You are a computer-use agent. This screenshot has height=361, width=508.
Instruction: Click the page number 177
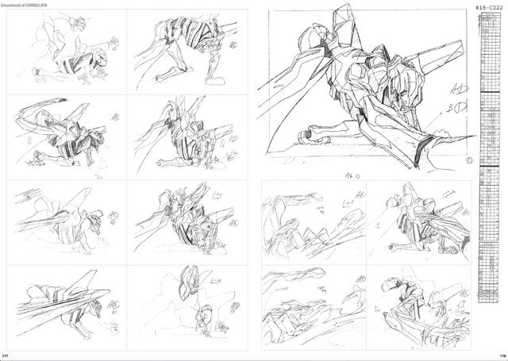pos(6,355)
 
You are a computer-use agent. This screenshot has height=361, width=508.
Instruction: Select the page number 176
pos(501,355)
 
